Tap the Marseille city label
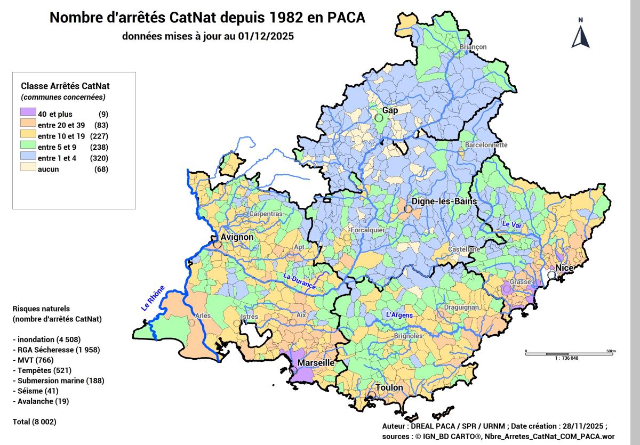[x=316, y=363]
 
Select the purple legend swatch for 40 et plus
[x=28, y=114]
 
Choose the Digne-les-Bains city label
[x=443, y=202]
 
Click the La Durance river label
[x=299, y=282]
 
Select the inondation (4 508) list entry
[x=46, y=339]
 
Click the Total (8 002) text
[x=34, y=422]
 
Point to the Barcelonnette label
[x=486, y=145]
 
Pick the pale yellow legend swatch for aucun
[x=28, y=169]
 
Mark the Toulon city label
[x=389, y=387]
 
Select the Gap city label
[x=390, y=110]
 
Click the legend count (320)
[x=100, y=158]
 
